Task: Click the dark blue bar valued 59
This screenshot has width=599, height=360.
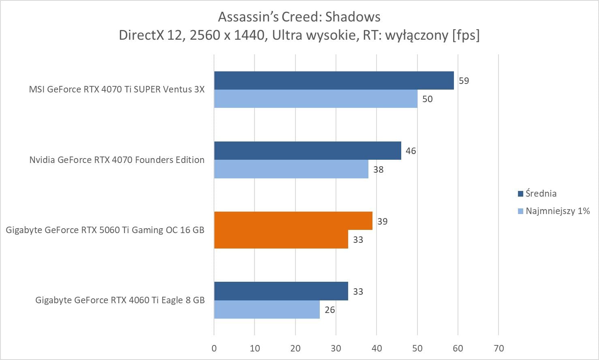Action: [x=334, y=80]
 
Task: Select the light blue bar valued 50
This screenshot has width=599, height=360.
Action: [x=315, y=99]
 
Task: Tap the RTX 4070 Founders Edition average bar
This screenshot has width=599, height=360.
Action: [x=307, y=150]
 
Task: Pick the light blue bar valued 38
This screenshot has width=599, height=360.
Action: [x=291, y=169]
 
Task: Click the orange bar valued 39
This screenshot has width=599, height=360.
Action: [x=293, y=221]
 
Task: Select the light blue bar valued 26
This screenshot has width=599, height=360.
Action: [x=267, y=310]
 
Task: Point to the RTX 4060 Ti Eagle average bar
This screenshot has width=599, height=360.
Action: [x=281, y=291]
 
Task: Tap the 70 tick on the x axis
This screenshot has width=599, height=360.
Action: [x=498, y=348]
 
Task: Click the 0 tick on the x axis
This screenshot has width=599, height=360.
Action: [x=214, y=348]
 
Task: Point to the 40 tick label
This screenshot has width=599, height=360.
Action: [x=377, y=348]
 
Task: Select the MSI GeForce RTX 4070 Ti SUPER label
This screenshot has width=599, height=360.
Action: [x=117, y=89]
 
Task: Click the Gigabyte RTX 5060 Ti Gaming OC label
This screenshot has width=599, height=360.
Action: [x=105, y=230]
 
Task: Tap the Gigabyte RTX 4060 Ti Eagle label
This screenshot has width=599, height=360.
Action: [x=120, y=300]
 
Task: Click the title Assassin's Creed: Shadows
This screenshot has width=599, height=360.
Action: [x=299, y=17]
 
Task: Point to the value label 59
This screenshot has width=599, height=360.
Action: [x=464, y=81]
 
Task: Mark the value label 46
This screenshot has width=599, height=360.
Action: [x=411, y=151]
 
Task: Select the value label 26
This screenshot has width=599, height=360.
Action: [x=329, y=310]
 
